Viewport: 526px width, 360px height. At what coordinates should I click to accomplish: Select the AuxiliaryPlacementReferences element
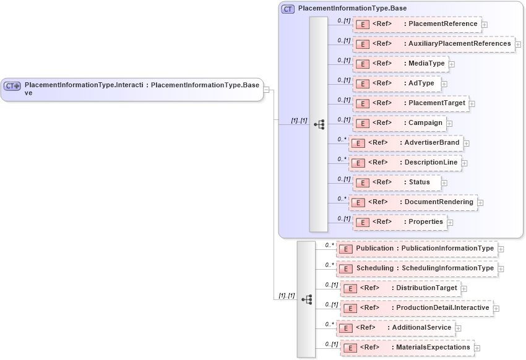coord(433,44)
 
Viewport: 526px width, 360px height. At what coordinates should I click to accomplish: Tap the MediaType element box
coord(400,64)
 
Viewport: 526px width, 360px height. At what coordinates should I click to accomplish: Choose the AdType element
coord(396,84)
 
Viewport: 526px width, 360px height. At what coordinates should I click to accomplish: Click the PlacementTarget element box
coord(410,103)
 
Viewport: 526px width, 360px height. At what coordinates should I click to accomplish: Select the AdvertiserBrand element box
coord(405,143)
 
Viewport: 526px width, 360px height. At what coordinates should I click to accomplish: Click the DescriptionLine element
coord(405,163)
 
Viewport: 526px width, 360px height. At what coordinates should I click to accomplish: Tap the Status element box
coord(397,182)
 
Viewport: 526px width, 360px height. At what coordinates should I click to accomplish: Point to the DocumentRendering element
coord(412,202)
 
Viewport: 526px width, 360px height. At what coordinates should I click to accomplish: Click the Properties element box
coord(400,222)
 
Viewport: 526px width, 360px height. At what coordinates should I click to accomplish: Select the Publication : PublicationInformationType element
coord(416,249)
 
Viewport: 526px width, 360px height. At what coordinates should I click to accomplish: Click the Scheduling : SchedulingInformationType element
coord(416,268)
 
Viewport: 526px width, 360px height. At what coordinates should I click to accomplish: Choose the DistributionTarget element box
coord(400,288)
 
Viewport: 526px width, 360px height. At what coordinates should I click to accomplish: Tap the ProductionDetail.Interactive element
coord(416,308)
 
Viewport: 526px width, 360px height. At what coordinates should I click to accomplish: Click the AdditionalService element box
coord(399,328)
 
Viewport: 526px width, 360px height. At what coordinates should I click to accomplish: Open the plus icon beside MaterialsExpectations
coord(477,348)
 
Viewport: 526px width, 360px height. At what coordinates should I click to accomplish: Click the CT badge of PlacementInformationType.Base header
coord(288,9)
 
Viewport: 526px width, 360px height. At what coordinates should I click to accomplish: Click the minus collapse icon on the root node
coord(266,89)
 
